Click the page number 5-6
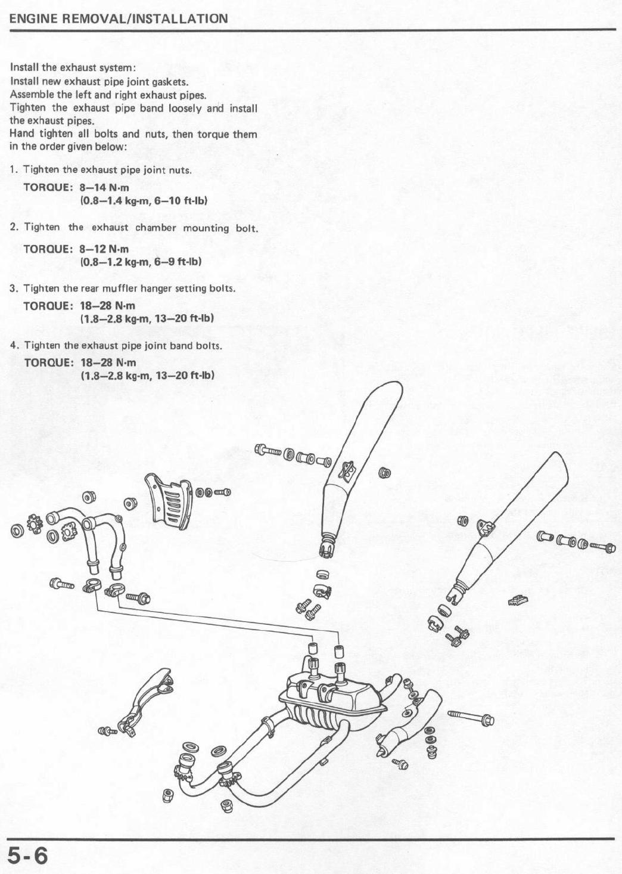tap(27, 856)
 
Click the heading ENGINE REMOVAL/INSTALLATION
tap(119, 18)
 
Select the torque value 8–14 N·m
tap(104, 188)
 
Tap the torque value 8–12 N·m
tap(104, 249)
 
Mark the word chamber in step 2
tap(155, 228)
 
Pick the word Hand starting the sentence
tap(21, 134)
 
